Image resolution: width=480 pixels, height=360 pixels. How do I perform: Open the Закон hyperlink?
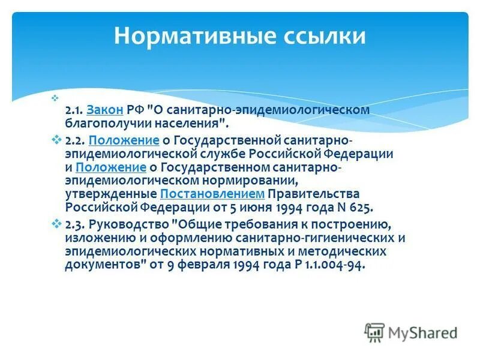point(105,110)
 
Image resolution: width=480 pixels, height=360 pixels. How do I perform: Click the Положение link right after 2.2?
point(124,140)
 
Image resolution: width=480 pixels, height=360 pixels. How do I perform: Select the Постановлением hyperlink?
point(212,194)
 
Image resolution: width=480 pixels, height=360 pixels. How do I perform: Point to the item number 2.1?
point(74,110)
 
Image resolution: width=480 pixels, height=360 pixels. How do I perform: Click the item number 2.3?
point(74,224)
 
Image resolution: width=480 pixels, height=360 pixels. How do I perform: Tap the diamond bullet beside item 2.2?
point(57,140)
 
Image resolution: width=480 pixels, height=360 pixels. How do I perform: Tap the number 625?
point(360,208)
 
